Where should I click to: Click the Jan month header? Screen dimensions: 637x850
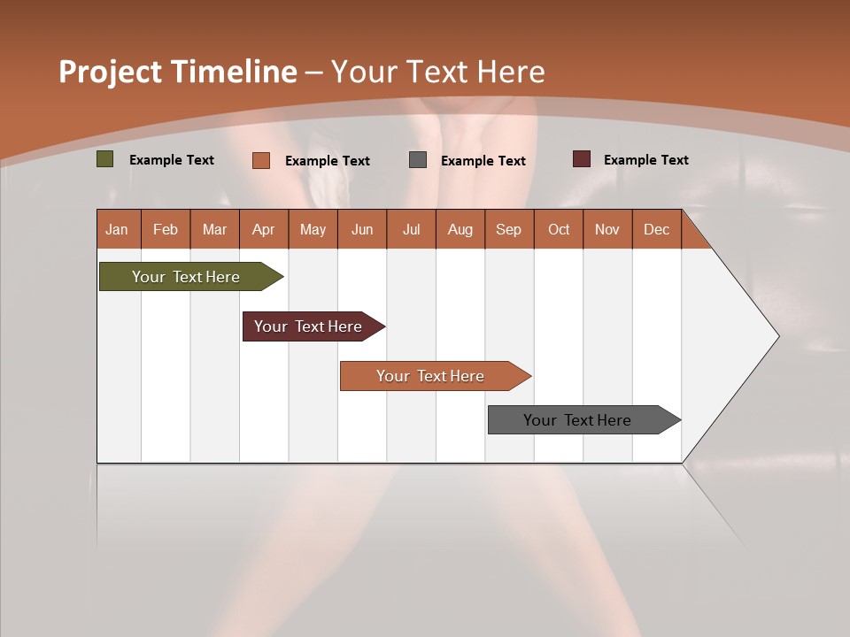coord(117,229)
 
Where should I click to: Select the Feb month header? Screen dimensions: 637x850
coord(166,229)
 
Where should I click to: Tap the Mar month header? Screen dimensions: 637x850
coord(214,229)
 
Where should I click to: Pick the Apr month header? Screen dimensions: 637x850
coord(264,229)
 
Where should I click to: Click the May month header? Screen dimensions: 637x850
coord(313,229)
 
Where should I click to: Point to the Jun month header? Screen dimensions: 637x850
coord(362,229)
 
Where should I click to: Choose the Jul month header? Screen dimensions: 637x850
coord(411,229)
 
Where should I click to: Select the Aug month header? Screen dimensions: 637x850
coord(460,229)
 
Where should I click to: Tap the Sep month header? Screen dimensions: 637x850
coord(509,229)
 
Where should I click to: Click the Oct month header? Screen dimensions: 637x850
coord(559,229)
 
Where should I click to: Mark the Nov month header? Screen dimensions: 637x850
coord(607,229)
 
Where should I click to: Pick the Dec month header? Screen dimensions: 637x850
coord(657,229)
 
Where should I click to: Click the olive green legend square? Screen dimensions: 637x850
coord(105,159)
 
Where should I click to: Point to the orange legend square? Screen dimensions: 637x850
coord(261,160)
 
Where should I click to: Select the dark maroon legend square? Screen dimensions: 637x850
coord(582,159)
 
